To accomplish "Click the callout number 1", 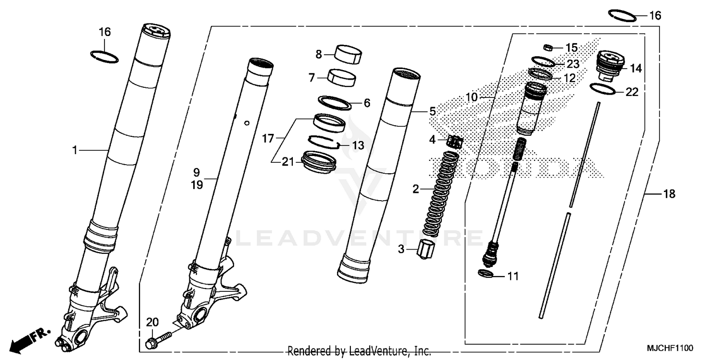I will (75, 150).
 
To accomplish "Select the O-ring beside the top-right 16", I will (623, 14).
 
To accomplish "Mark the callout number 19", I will (197, 184).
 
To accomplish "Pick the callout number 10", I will (472, 97).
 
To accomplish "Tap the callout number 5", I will (432, 111).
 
